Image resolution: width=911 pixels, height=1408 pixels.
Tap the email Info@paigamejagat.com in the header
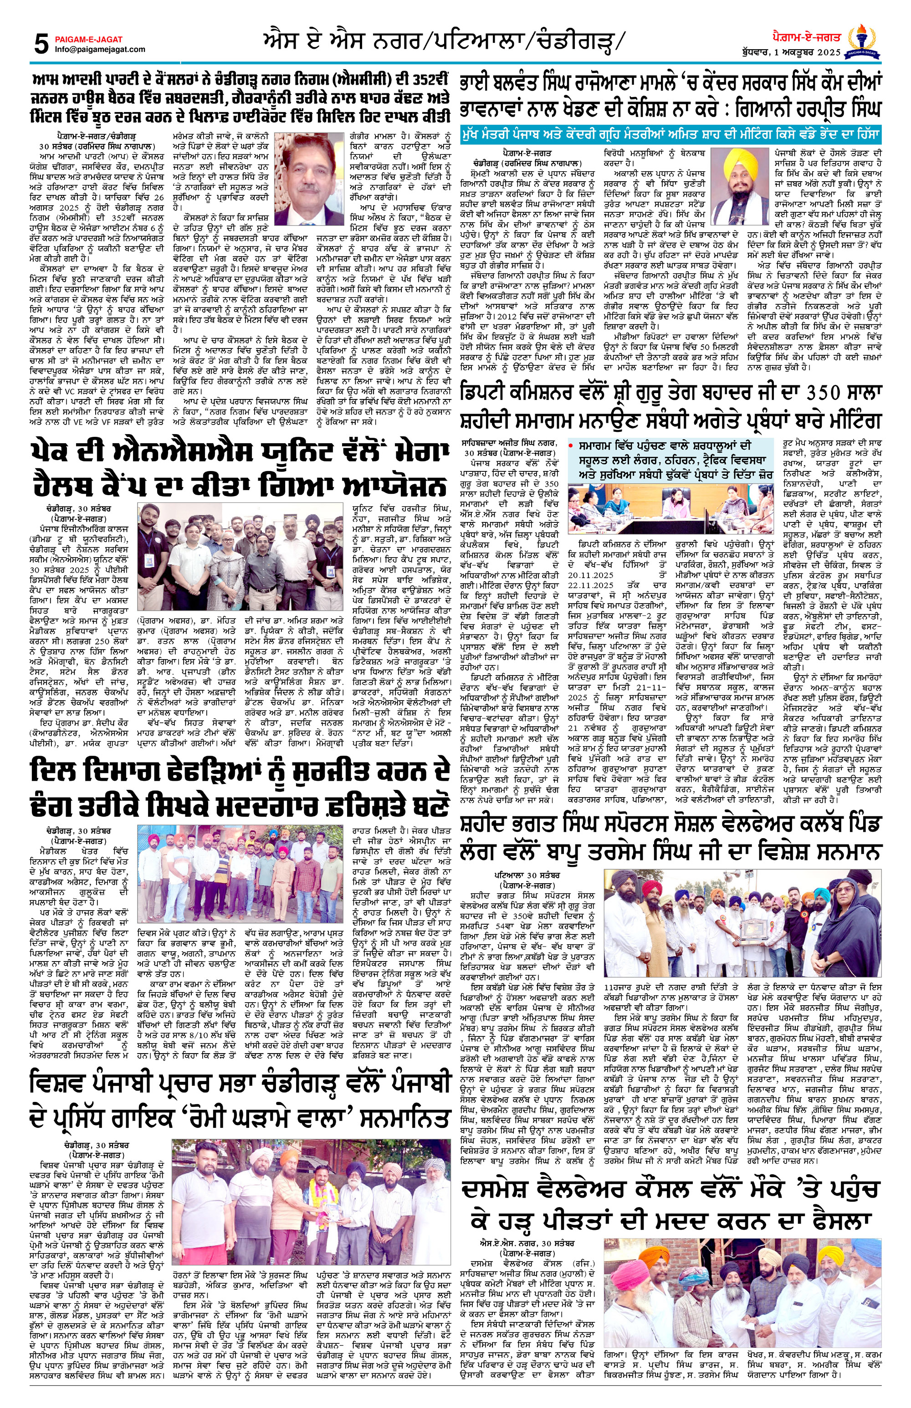click(x=100, y=50)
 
